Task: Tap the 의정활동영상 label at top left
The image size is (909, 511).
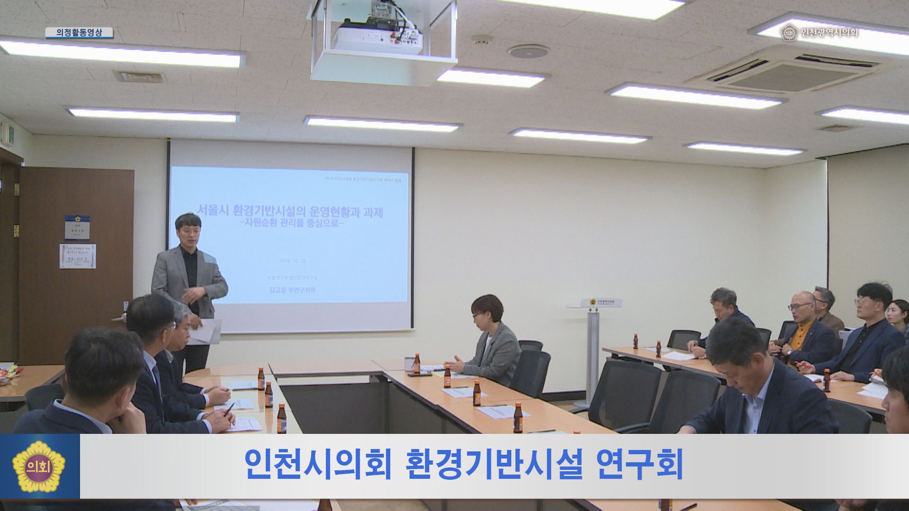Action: tap(79, 33)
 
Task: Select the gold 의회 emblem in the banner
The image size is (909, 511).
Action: tap(40, 467)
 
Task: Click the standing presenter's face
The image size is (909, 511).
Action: tap(185, 231)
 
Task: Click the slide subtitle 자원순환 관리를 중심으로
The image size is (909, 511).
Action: tap(290, 224)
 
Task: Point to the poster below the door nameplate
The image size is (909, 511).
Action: tap(78, 256)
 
